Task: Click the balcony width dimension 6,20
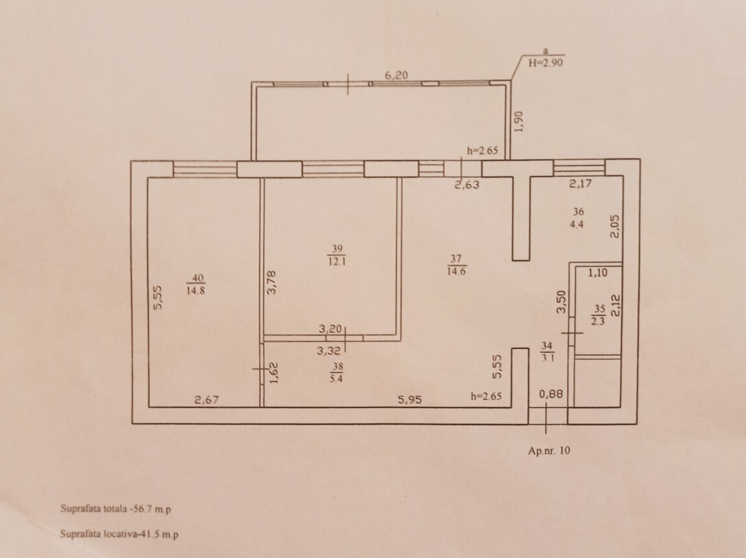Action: (x=396, y=75)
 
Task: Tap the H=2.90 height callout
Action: (x=546, y=62)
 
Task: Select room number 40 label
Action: (x=197, y=277)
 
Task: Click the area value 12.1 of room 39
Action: (x=337, y=261)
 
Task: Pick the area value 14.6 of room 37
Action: (x=455, y=272)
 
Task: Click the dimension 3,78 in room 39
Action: (x=271, y=282)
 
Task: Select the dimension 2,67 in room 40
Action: (x=207, y=400)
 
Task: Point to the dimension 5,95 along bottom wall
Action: (x=409, y=400)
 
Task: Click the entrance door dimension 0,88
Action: (x=551, y=394)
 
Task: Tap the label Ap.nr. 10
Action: (x=549, y=450)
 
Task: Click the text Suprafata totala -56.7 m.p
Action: (x=115, y=509)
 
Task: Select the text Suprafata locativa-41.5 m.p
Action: (x=119, y=534)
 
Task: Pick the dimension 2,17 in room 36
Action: (x=581, y=184)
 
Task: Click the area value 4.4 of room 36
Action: (x=577, y=224)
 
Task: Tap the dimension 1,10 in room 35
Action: (x=598, y=273)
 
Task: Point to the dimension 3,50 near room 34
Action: (x=561, y=302)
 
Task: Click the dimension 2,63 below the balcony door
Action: (x=466, y=185)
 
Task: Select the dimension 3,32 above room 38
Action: (x=329, y=351)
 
